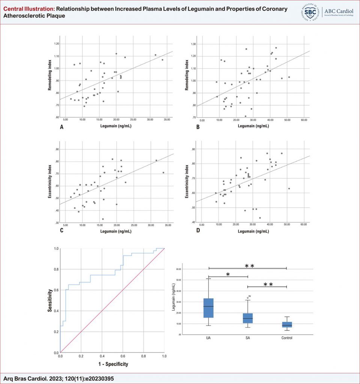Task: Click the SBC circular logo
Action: (x=310, y=12)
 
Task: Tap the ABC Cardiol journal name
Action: (x=337, y=11)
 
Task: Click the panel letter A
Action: (x=62, y=127)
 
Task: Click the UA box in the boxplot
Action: (x=208, y=308)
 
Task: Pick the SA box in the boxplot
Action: (x=248, y=318)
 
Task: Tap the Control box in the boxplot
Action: (x=287, y=325)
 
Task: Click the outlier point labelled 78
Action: (x=248, y=298)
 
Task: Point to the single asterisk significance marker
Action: (x=228, y=274)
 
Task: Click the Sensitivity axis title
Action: (x=50, y=300)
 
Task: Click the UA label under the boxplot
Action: (x=208, y=338)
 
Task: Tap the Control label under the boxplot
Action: (x=287, y=338)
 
